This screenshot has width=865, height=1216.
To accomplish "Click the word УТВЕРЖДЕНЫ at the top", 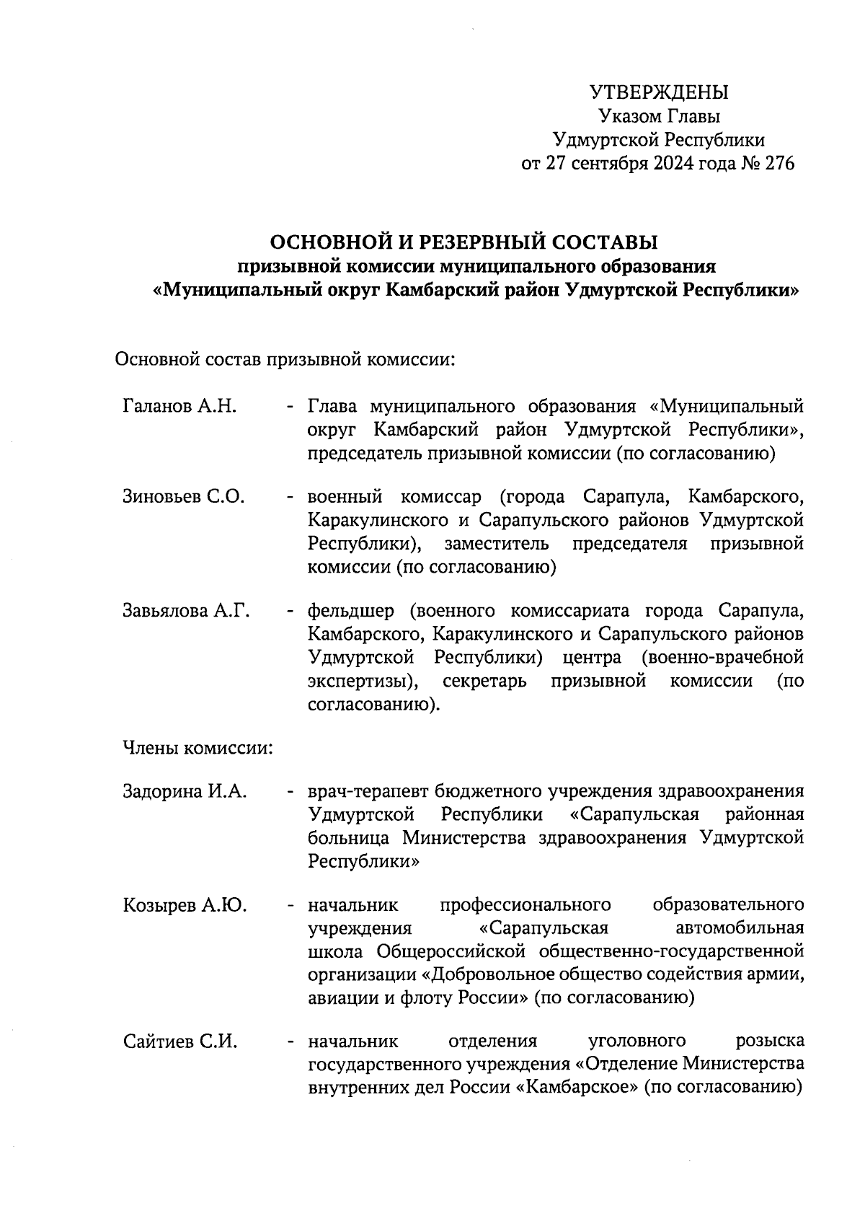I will point(659,92).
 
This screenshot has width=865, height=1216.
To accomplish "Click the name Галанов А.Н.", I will point(179,406).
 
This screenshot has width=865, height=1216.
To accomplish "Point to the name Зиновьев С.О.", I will point(184,497).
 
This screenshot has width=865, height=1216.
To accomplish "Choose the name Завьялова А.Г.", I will point(186,611).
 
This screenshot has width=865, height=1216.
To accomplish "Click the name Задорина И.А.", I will point(185,791).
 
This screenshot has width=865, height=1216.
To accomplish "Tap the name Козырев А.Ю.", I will point(185,905).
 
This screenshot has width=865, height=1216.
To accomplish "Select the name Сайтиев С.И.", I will point(180,1041).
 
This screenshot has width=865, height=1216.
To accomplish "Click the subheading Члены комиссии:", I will point(198,749).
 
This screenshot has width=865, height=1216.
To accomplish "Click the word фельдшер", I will point(351,612).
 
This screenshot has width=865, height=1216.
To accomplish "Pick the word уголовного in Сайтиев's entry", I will point(636,1041).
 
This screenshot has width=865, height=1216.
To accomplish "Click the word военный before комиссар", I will point(343,497).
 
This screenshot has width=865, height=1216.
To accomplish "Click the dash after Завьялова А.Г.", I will point(290,612).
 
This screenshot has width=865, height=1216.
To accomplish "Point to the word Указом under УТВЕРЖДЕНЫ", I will point(629,116).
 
